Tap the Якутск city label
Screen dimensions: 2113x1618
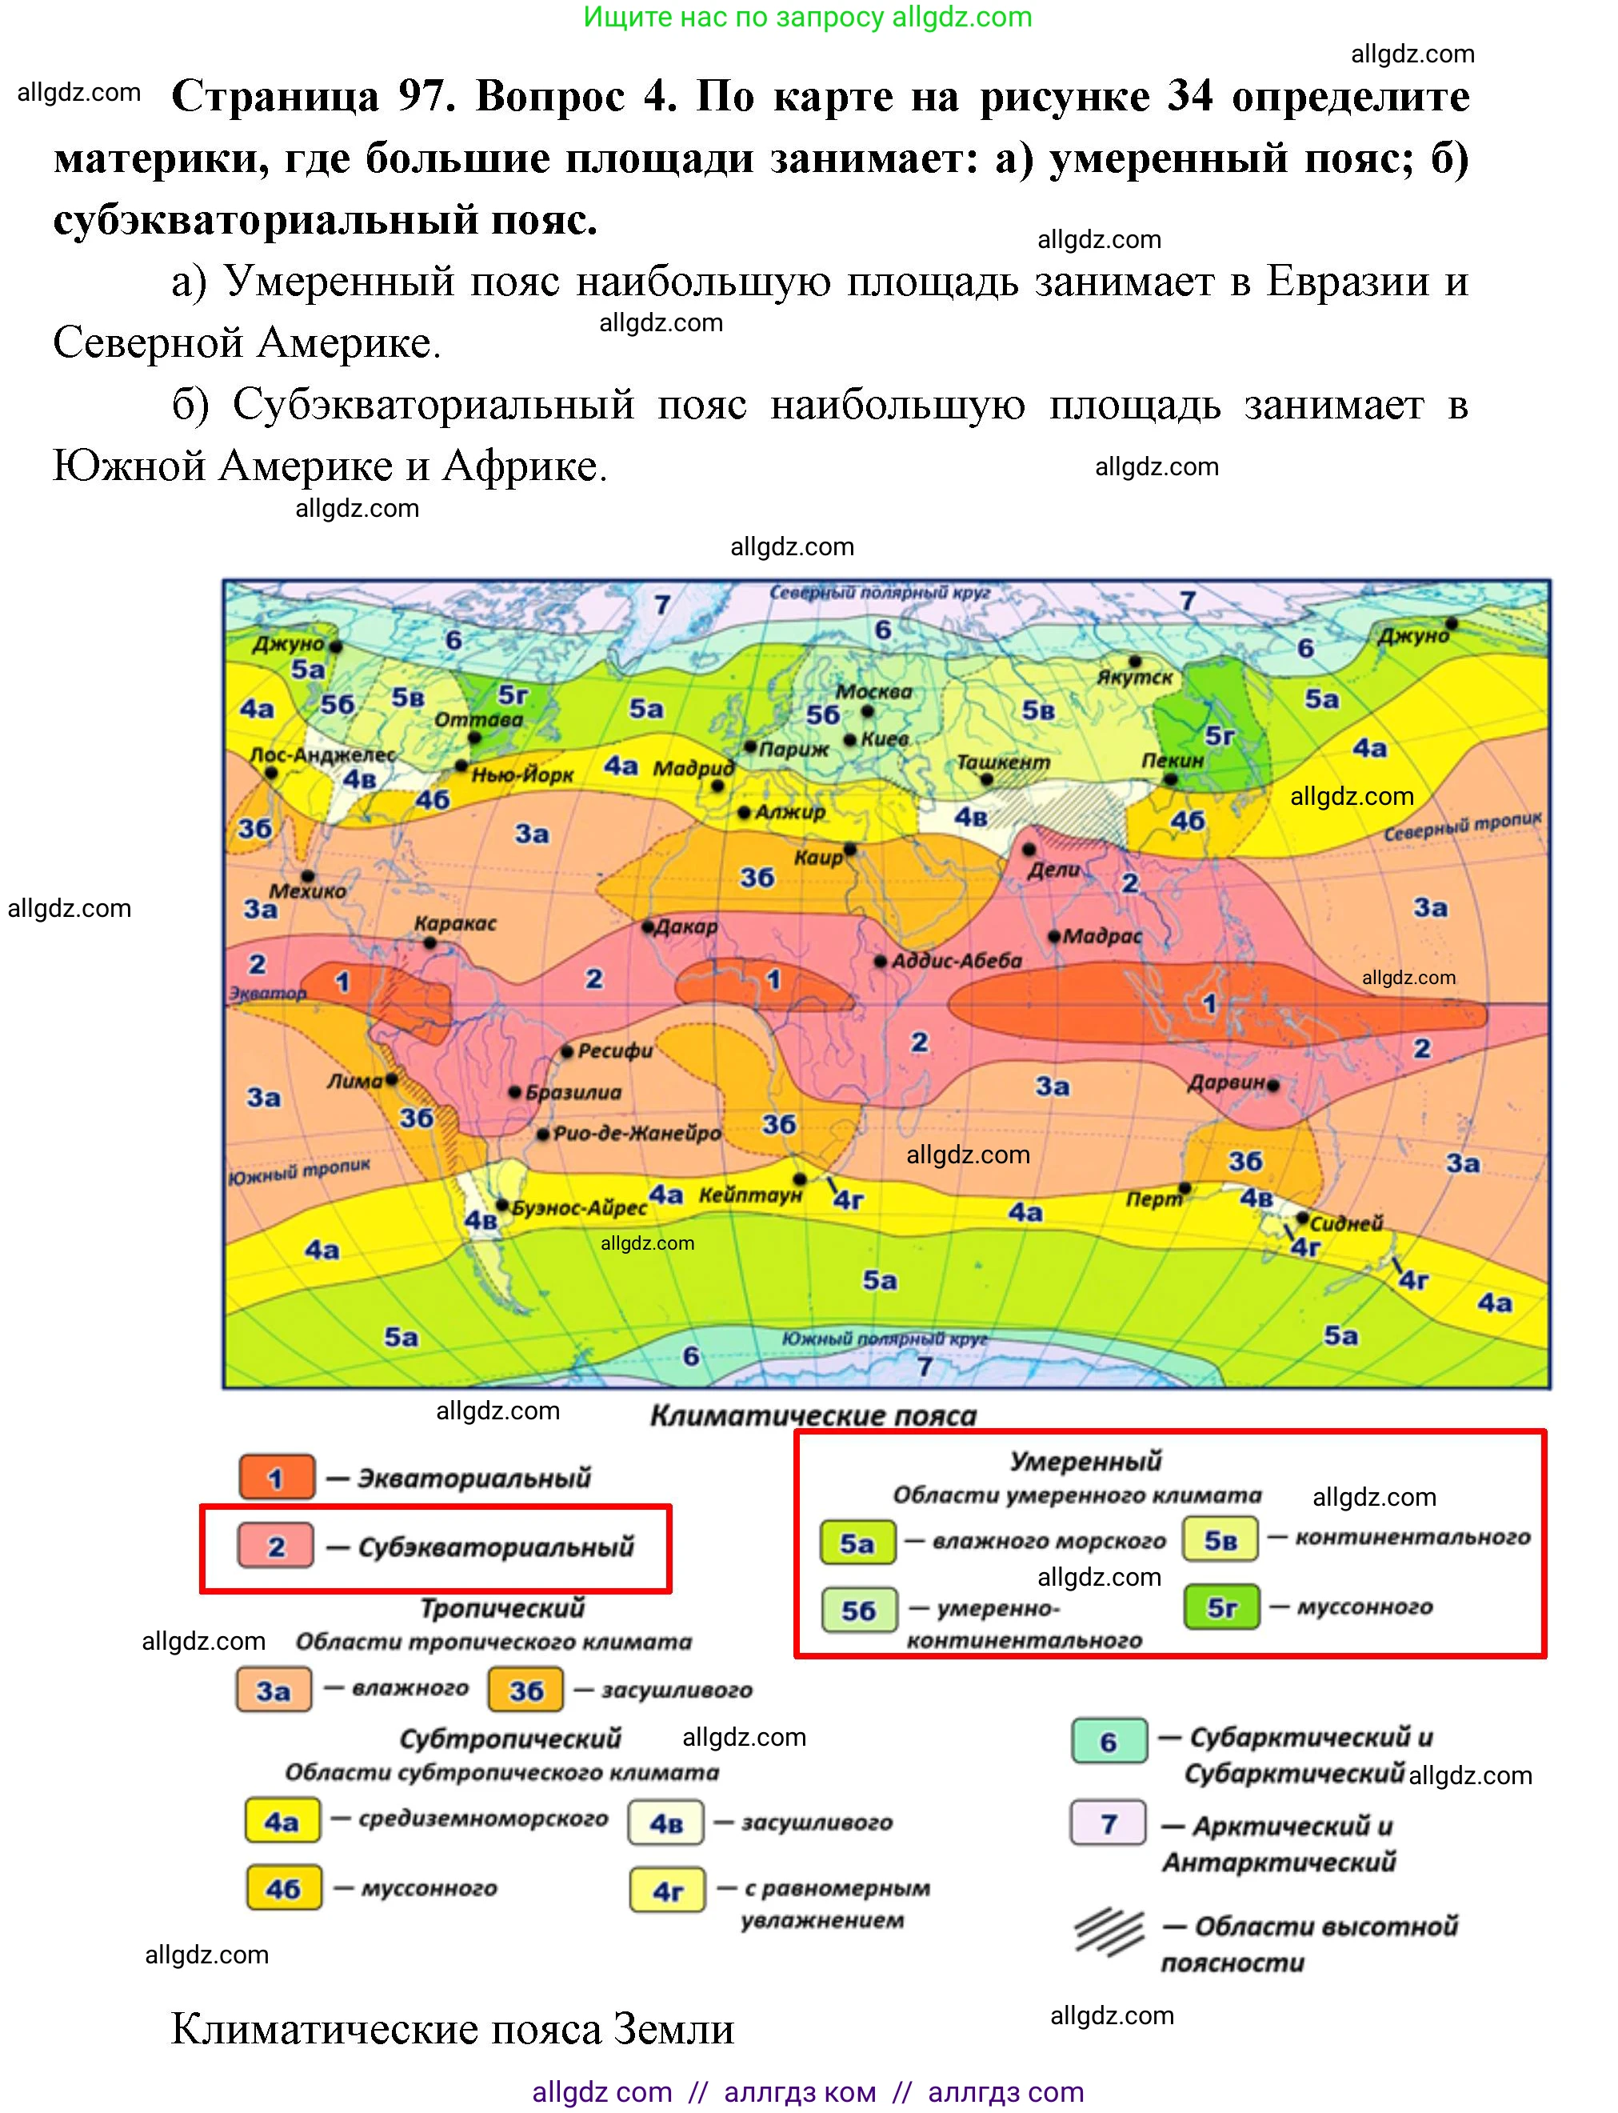coord(1135,678)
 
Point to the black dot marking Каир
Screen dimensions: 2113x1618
coord(850,850)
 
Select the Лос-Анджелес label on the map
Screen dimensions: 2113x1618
coord(322,754)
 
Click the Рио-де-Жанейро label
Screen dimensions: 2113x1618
coord(637,1133)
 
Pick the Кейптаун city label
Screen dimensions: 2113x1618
coord(749,1195)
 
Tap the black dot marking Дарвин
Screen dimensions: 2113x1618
coord(1273,1085)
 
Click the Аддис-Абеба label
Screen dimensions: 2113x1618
coord(957,961)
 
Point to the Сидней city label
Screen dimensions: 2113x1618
coord(1345,1223)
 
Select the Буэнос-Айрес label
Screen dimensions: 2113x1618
coord(579,1207)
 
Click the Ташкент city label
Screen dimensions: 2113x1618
coord(1003,762)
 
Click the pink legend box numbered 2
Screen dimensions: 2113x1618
coord(277,1547)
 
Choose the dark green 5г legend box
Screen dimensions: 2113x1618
coord(1221,1607)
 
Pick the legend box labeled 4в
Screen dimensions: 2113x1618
coord(665,1822)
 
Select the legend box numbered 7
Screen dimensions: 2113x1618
coord(1109,1823)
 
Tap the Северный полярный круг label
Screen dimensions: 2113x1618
coord(878,593)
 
